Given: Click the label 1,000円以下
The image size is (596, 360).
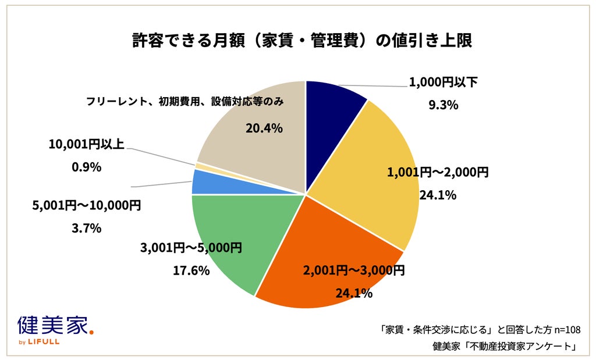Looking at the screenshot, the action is [x=443, y=82].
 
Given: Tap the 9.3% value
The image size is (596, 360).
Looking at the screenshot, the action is [x=443, y=105].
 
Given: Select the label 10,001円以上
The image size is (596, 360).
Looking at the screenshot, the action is [x=86, y=144].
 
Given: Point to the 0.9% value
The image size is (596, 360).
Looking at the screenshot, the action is [x=86, y=167].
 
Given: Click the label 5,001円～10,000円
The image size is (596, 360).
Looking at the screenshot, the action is [x=86, y=205].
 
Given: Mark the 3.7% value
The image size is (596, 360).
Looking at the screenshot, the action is [x=86, y=228].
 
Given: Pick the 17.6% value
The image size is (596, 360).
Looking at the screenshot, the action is [x=191, y=271].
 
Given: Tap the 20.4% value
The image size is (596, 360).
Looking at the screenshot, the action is [x=264, y=129].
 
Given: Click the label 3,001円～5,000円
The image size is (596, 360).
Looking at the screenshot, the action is [x=191, y=248].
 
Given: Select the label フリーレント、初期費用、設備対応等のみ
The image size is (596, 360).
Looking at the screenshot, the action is [x=185, y=102].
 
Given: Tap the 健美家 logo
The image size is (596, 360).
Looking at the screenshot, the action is [x=55, y=326].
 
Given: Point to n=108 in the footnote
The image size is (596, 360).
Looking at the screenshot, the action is [x=567, y=330].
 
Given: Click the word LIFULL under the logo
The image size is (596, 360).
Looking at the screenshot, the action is [x=44, y=342].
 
